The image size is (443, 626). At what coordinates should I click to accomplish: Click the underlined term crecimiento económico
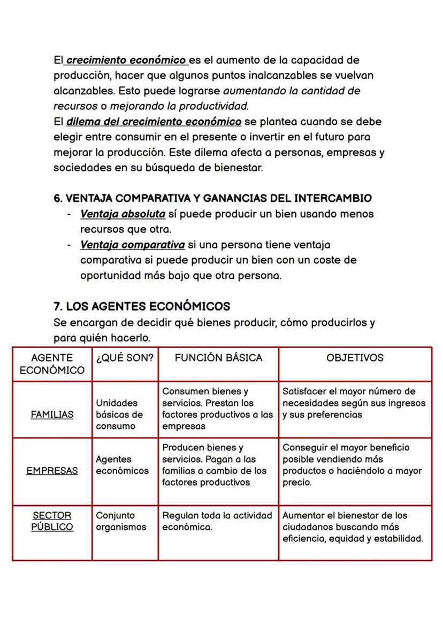[126, 60]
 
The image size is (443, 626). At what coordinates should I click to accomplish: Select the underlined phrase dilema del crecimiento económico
[154, 122]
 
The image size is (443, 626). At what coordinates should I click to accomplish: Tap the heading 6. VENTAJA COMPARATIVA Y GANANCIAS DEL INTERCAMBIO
[212, 199]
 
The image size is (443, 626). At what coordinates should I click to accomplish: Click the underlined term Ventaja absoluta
[123, 214]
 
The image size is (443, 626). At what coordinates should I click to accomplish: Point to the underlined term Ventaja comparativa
[132, 245]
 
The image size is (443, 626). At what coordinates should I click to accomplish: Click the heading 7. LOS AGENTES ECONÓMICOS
[142, 307]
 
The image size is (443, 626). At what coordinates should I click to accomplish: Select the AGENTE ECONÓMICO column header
[52, 364]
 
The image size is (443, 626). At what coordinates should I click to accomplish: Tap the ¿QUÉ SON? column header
[125, 358]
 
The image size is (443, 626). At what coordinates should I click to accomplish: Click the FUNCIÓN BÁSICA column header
[218, 358]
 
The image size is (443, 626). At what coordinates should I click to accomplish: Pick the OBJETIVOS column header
[355, 358]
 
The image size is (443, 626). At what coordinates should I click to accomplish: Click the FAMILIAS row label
[52, 415]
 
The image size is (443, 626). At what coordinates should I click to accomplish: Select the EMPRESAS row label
[52, 471]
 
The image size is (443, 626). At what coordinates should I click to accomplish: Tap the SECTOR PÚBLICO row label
[52, 521]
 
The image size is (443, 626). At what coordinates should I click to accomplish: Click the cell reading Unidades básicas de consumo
[119, 414]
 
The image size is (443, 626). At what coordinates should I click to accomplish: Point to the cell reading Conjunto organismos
[121, 521]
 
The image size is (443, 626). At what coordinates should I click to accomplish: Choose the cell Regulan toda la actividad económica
[217, 521]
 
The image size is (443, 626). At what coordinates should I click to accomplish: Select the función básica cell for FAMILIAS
[217, 409]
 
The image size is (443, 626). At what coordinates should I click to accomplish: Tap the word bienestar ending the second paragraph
[235, 168]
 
